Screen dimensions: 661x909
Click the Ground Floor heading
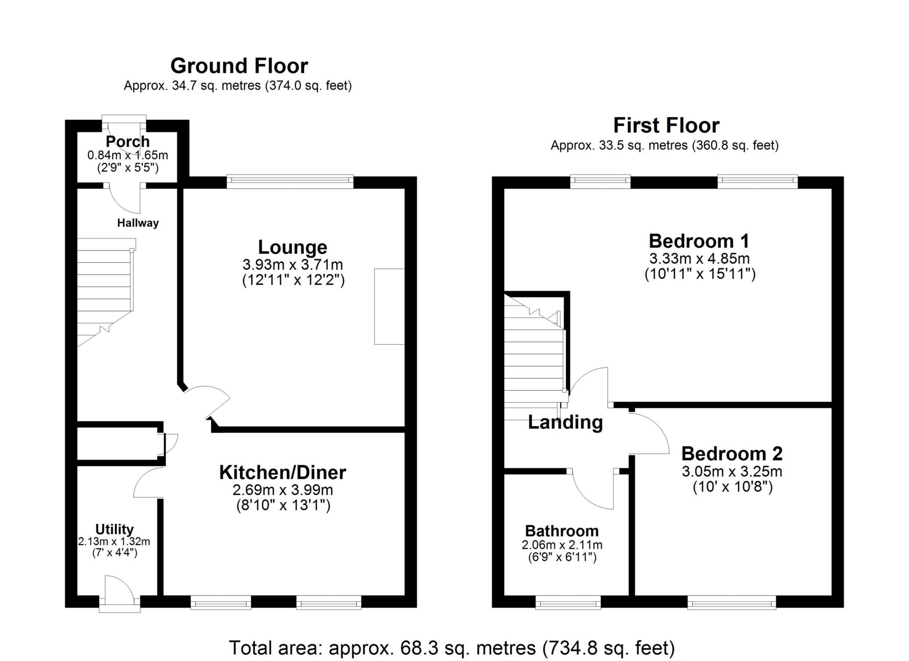click(x=239, y=66)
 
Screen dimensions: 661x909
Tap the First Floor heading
click(x=666, y=126)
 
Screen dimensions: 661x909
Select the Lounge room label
click(x=292, y=247)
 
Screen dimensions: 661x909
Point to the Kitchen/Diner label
click(x=282, y=472)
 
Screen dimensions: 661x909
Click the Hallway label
click(x=138, y=223)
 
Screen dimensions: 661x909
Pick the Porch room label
click(x=127, y=142)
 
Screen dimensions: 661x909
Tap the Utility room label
click(x=115, y=529)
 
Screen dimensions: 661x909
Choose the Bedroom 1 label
click(x=699, y=241)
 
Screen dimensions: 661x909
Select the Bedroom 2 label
click(x=731, y=454)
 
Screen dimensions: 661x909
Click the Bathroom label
click(x=561, y=531)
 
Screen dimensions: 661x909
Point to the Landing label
click(x=565, y=422)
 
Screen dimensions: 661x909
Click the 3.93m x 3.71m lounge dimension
click(x=292, y=265)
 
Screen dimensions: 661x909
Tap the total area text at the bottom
click(x=451, y=648)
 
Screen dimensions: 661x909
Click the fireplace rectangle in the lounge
click(x=389, y=306)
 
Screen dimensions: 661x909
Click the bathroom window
click(x=568, y=603)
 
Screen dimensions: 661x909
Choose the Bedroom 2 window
click(x=731, y=603)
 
